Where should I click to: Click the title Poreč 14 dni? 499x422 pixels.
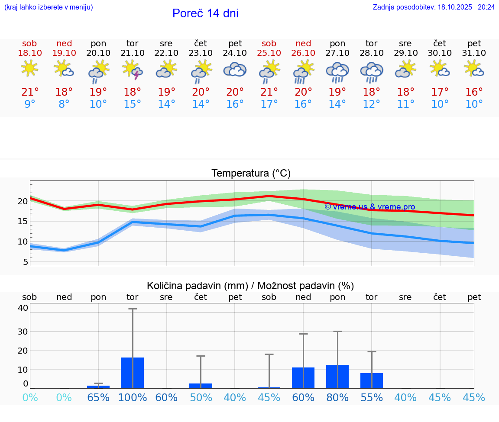[x=205, y=13]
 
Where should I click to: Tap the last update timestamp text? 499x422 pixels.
[x=434, y=7]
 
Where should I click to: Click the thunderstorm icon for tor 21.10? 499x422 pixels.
[x=133, y=70]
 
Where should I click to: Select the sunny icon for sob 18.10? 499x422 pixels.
[x=29, y=68]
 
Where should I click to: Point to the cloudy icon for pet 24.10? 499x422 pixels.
[x=235, y=70]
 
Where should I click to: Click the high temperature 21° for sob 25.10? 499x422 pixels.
[x=269, y=92]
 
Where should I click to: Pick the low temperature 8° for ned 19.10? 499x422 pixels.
[x=64, y=104]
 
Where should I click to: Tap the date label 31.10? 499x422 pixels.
[x=474, y=53]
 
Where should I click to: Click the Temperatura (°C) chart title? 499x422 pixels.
[x=251, y=174]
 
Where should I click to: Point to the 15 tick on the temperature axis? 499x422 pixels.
[x=23, y=221]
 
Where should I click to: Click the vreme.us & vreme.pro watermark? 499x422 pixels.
[x=369, y=207]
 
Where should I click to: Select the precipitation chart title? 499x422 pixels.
[x=250, y=286]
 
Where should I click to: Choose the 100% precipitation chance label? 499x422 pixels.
[x=133, y=397]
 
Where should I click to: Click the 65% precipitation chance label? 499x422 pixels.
[x=98, y=397]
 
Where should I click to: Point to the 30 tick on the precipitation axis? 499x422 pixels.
[x=23, y=332]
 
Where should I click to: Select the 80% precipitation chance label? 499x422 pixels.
[x=337, y=397]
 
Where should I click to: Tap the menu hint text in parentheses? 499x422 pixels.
[x=49, y=7]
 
